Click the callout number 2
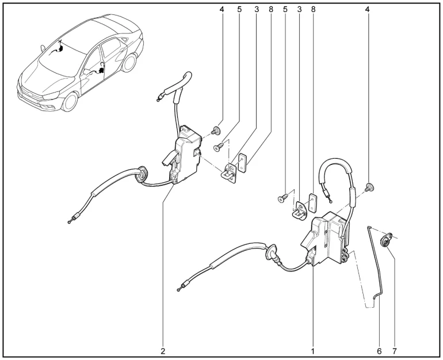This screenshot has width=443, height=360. coord(163,351)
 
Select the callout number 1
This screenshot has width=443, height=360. coord(313,351)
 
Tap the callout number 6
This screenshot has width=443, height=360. coord(379,351)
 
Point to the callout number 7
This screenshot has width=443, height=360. coord(395,351)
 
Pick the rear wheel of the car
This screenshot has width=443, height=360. coord(129,62)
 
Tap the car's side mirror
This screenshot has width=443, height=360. coord(43,48)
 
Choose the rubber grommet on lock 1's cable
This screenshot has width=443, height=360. coord(271,252)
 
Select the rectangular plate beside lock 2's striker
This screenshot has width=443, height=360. coord(242,163)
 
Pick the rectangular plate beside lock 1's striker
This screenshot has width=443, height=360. coord(312,203)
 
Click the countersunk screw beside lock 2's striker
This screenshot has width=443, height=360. coord(219,147)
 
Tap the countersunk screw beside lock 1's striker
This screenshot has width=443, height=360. coord(283,198)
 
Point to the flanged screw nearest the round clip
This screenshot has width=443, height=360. coord(369,187)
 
